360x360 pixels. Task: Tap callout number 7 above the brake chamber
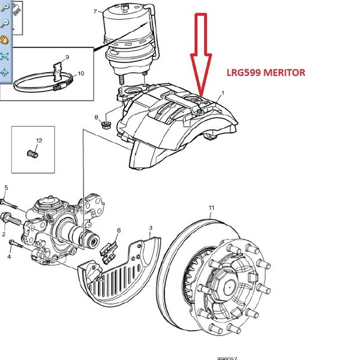95,11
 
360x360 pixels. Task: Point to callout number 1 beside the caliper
223,94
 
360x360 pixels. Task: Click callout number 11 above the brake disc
211,208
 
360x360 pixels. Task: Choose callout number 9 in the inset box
67,57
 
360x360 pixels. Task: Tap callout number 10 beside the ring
81,74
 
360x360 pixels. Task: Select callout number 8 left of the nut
96,116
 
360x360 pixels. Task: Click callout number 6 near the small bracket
119,230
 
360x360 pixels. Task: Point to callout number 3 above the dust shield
151,228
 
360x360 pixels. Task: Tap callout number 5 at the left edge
5,187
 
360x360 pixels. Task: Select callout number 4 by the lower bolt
9,257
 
